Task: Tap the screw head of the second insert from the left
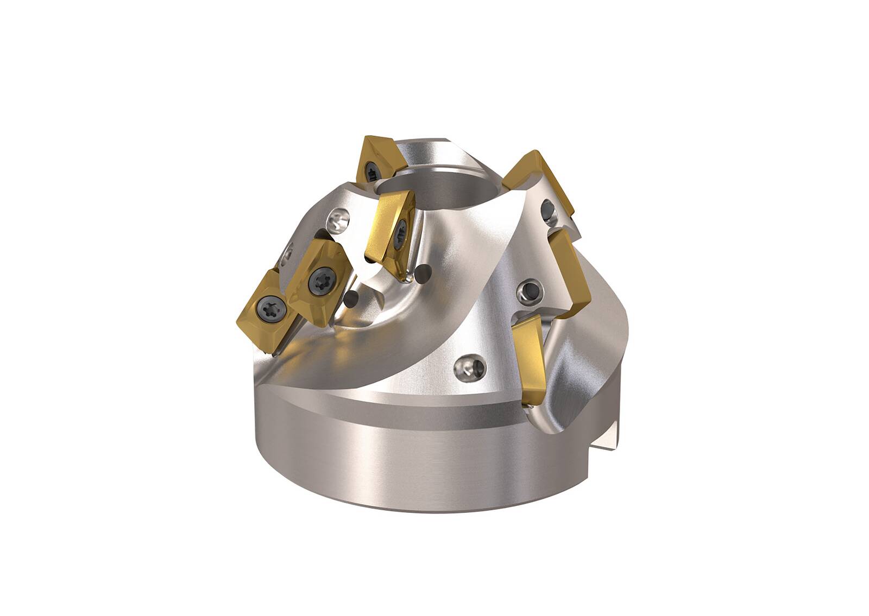tap(318, 280)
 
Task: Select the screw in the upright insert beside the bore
tap(402, 227)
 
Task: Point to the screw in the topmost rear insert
tap(372, 173)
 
